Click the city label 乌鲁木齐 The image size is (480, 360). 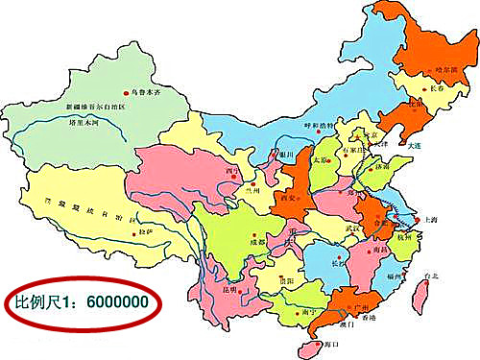(x=145, y=91)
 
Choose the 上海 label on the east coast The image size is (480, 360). (x=428, y=220)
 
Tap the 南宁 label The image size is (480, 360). (x=308, y=313)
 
